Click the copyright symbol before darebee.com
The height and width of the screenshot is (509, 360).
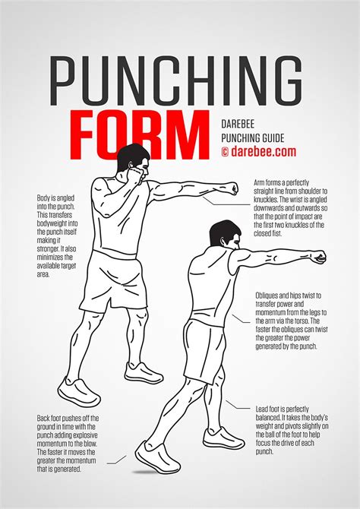pos(225,151)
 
